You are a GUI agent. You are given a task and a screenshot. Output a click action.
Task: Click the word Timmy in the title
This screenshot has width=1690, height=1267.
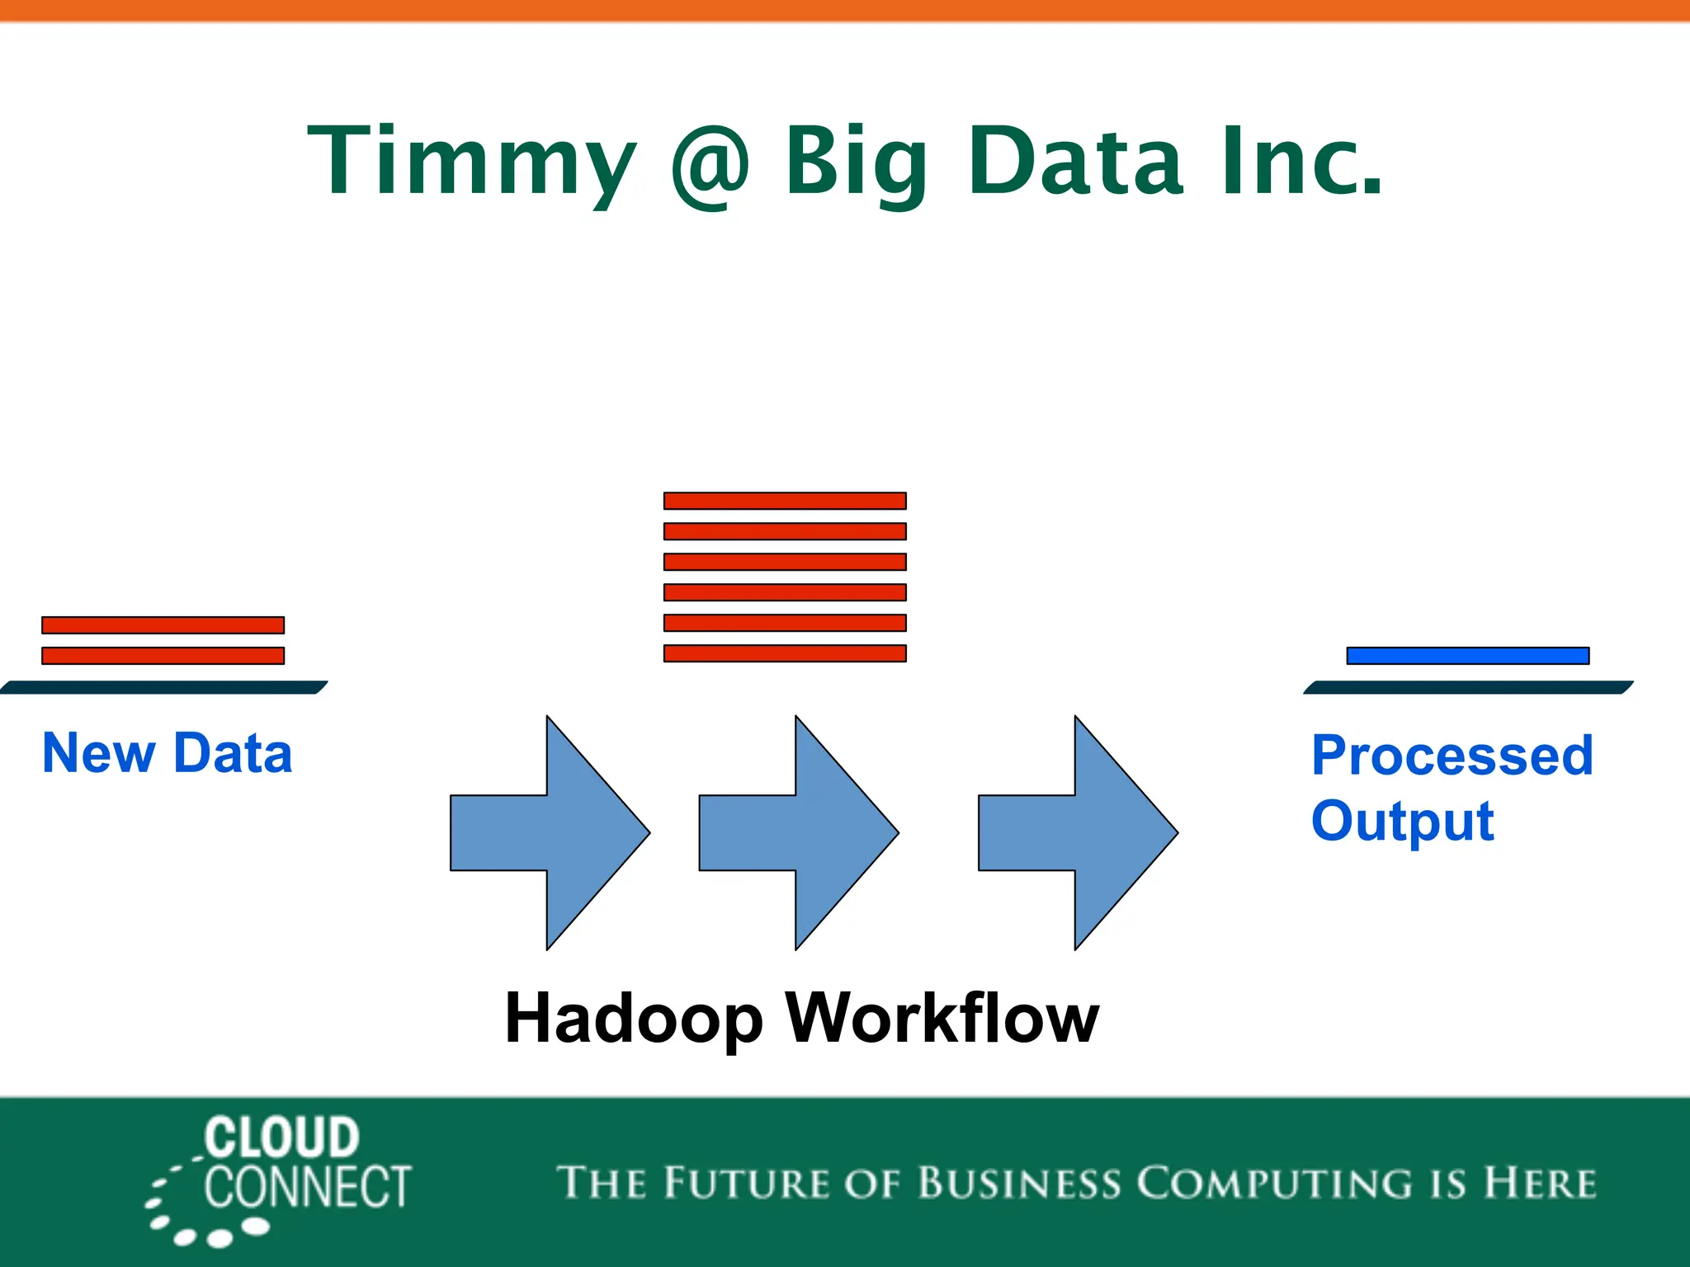point(470,161)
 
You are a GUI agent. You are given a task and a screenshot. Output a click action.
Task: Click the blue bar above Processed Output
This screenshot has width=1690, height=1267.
point(1467,656)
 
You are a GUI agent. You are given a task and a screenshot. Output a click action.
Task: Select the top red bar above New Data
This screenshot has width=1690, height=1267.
point(163,625)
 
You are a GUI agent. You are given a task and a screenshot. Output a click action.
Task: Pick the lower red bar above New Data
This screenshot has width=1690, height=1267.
point(163,656)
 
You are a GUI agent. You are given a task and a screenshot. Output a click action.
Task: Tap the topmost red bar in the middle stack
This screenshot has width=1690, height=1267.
point(785,501)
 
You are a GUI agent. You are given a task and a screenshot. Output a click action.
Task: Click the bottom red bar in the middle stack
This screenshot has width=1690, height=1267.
point(785,653)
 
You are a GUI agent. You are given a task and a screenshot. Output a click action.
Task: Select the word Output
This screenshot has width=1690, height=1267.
point(1402,822)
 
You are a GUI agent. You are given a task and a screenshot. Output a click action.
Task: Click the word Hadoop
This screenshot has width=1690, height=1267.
point(634,1019)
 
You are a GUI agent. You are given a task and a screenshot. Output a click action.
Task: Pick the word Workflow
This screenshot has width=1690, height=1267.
point(942,1019)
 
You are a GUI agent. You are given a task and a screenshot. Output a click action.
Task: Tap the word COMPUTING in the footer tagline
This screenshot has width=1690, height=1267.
point(1275,1183)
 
